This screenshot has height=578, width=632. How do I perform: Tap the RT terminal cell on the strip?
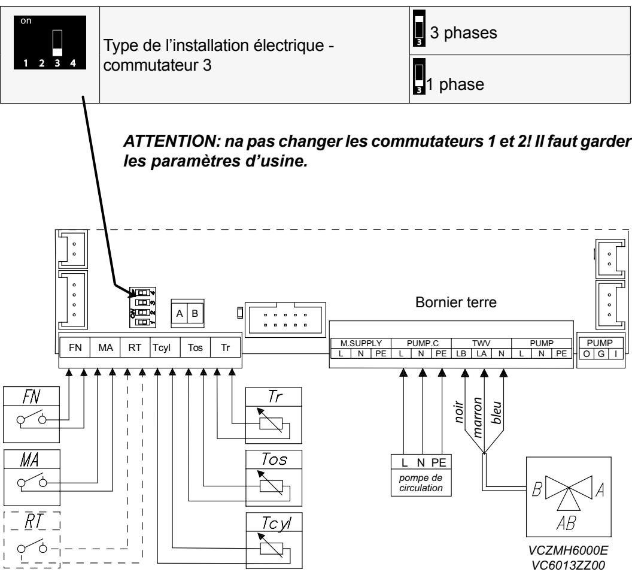click(x=135, y=347)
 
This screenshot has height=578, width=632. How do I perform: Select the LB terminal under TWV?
click(x=461, y=354)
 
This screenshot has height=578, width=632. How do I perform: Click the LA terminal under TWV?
click(x=481, y=354)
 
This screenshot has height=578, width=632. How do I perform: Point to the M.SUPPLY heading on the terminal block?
click(x=361, y=343)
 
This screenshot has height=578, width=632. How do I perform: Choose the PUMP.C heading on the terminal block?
click(x=423, y=343)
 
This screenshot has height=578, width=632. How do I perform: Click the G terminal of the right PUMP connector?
click(x=601, y=354)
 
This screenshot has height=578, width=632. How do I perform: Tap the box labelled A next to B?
click(x=180, y=313)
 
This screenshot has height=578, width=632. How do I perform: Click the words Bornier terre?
click(x=456, y=302)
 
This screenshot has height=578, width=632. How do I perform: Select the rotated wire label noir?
click(x=459, y=412)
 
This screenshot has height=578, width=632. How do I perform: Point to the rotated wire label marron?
click(x=477, y=417)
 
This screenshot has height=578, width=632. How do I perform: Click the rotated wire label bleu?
click(x=496, y=412)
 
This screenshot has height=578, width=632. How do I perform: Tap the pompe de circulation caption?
click(x=421, y=483)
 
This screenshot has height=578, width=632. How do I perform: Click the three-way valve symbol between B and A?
click(x=569, y=493)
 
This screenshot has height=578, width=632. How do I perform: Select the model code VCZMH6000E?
click(x=568, y=550)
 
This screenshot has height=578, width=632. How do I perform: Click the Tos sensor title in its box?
click(x=274, y=459)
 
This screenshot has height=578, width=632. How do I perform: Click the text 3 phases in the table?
click(x=463, y=33)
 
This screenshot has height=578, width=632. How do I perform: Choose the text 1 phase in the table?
click(x=455, y=84)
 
